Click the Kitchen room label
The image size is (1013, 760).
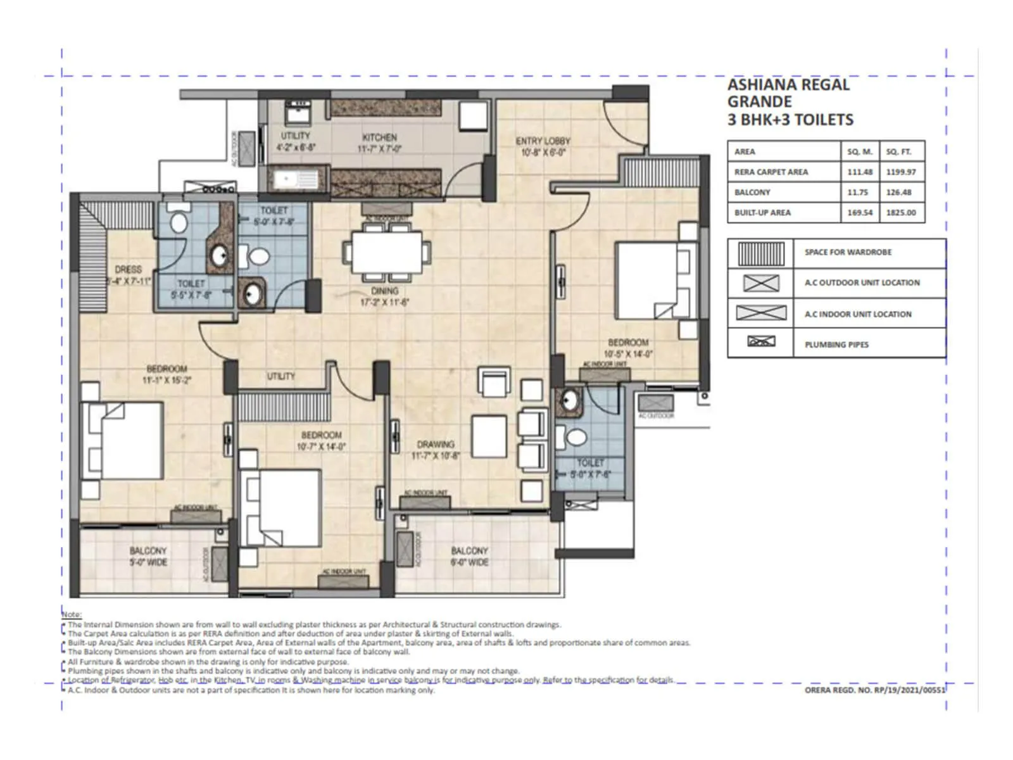pyautogui.click(x=379, y=137)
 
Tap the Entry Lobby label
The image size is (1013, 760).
pyautogui.click(x=543, y=141)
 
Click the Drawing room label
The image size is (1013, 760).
pyautogui.click(x=436, y=445)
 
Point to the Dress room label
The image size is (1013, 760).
pyautogui.click(x=129, y=270)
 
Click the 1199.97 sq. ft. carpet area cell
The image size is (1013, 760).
pyautogui.click(x=901, y=172)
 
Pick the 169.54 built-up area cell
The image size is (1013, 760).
pyautogui.click(x=860, y=213)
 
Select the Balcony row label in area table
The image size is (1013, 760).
pyautogui.click(x=752, y=193)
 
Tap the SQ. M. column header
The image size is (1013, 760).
pyautogui.click(x=860, y=152)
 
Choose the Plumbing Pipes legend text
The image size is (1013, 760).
pyautogui.click(x=836, y=345)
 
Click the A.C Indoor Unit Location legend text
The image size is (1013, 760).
pyautogui.click(x=858, y=314)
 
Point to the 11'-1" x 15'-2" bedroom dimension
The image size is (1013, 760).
pyautogui.click(x=167, y=381)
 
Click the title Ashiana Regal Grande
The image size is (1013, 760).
pyautogui.click(x=788, y=93)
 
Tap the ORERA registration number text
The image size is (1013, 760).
pyautogui.click(x=874, y=690)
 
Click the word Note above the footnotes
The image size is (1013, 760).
pyautogui.click(x=71, y=614)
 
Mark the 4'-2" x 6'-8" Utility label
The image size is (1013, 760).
pyautogui.click(x=296, y=147)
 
